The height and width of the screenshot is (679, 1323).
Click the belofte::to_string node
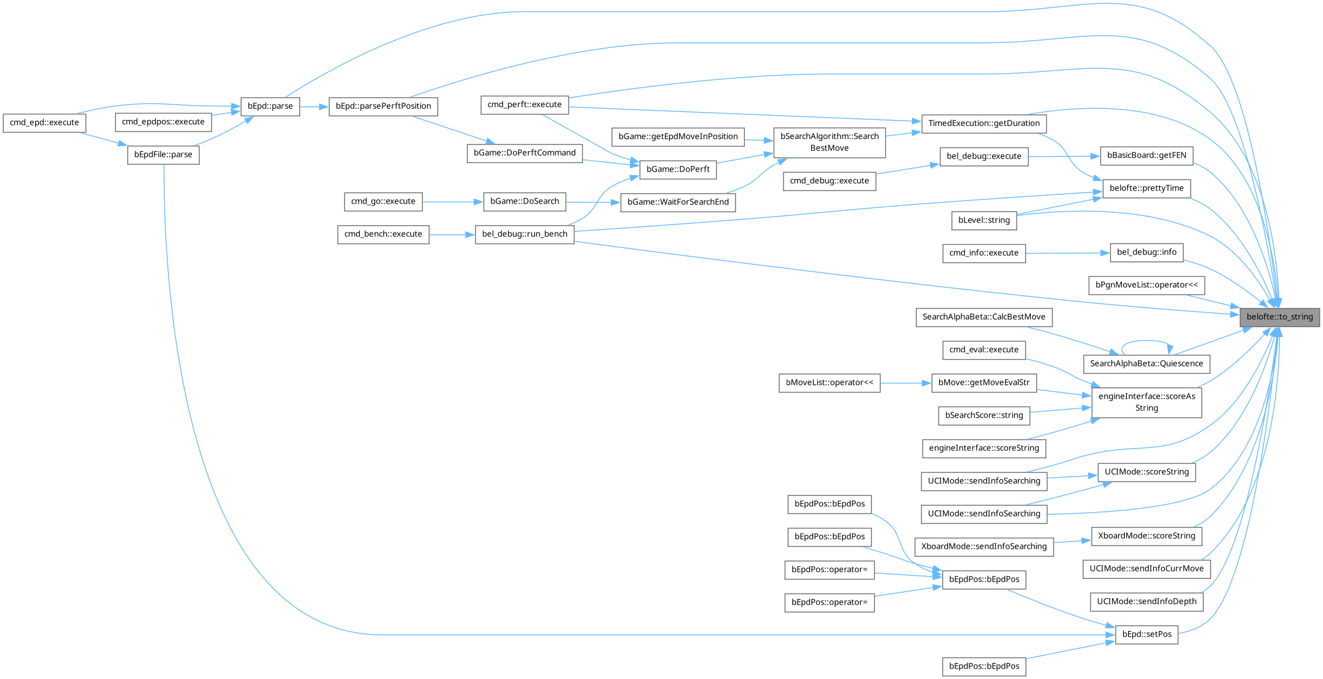(x=1279, y=317)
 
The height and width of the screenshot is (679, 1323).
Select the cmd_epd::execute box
(x=44, y=122)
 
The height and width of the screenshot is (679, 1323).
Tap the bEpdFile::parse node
(x=163, y=154)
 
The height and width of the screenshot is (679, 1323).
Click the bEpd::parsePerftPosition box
(x=383, y=106)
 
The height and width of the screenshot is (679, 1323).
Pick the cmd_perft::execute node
(x=524, y=105)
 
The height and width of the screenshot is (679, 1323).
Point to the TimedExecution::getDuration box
(x=983, y=123)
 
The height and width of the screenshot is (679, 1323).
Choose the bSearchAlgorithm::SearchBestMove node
(x=829, y=142)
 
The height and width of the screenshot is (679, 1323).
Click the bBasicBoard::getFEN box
(x=1146, y=156)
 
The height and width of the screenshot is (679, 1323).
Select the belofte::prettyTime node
(x=1146, y=188)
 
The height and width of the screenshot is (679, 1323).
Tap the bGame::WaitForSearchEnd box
(x=678, y=202)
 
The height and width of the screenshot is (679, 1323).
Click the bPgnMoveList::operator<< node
(x=1146, y=285)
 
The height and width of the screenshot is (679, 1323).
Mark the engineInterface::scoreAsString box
(x=1146, y=402)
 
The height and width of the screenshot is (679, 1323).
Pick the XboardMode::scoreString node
(x=1146, y=536)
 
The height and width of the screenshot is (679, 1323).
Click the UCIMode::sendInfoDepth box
(x=1146, y=602)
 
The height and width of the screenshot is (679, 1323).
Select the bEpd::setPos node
(x=1146, y=634)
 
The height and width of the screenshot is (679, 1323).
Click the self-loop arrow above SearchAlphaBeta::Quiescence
(x=1146, y=341)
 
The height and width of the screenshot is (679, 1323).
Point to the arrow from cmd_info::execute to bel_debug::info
(x=1067, y=253)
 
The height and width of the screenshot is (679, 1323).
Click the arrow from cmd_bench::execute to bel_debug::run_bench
(x=452, y=234)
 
